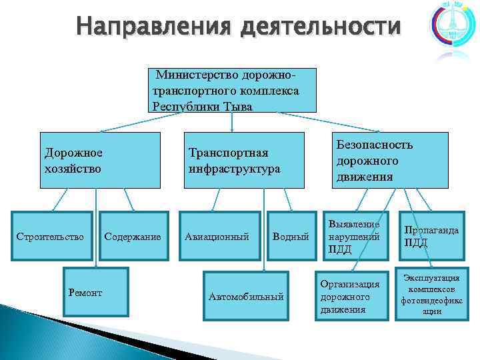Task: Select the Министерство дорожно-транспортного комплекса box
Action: pos(231,89)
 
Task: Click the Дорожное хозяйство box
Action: pos(99,160)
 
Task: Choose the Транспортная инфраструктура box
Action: pos(243,160)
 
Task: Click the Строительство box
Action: pos(50,236)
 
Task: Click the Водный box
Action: pos(291,236)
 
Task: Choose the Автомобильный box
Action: pos(246,296)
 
